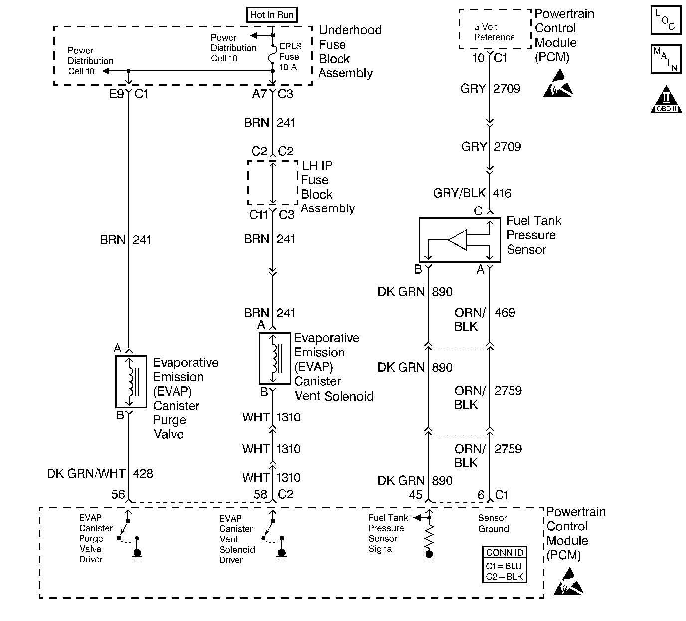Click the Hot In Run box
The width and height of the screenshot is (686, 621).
(272, 14)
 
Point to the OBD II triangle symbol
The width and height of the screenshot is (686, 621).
(666, 99)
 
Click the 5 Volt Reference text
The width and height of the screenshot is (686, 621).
(494, 32)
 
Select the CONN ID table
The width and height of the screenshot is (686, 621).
(505, 564)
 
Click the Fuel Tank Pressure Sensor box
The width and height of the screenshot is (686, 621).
(460, 240)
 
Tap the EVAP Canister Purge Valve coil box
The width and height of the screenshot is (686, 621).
(131, 382)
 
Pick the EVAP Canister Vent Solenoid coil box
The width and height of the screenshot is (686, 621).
(275, 358)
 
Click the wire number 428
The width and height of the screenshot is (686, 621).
(143, 473)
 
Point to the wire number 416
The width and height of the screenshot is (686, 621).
(502, 193)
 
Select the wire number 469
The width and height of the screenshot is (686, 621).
(505, 312)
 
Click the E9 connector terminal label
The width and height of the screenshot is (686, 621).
(116, 94)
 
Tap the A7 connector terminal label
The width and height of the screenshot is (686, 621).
(260, 94)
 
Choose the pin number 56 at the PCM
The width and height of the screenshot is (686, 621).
(118, 494)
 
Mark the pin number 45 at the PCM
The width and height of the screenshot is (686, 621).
(415, 495)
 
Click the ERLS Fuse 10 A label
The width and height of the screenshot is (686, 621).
(290, 57)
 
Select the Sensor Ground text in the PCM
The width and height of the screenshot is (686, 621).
(493, 523)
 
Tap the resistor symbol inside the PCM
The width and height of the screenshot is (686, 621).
(429, 537)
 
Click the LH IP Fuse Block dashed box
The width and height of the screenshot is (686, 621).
(273, 183)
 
